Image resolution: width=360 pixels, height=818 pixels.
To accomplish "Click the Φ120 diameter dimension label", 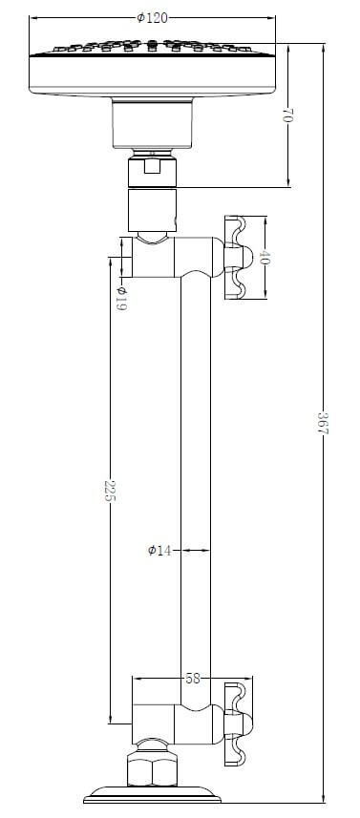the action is tap(153, 18).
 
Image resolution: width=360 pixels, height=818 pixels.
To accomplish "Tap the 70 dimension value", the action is tap(288, 115).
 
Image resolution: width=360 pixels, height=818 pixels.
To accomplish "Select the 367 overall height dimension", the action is tap(323, 423).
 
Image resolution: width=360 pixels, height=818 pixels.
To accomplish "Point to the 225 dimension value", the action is tap(110, 491).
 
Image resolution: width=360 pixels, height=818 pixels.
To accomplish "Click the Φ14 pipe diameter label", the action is tap(159, 550).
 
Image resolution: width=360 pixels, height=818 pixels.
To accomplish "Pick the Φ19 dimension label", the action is tap(121, 299).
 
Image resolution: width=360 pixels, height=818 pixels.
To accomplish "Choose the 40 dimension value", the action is tap(263, 257).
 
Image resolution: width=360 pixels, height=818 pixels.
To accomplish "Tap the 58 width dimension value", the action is tap(193, 679).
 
